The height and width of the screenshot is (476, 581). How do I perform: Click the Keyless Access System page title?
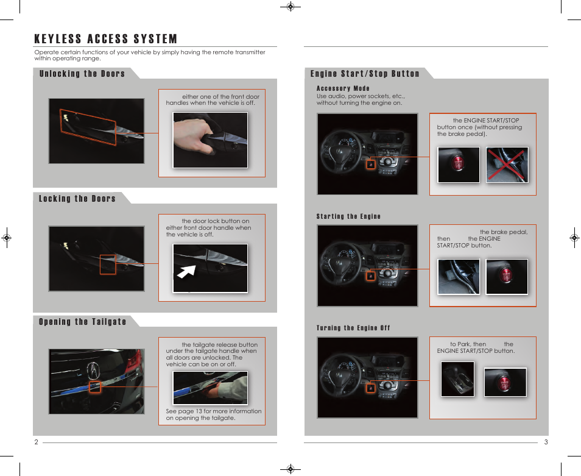coord(106,40)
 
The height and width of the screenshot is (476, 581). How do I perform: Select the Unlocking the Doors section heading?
coord(82,74)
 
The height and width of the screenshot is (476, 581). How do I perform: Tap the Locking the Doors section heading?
coord(77,199)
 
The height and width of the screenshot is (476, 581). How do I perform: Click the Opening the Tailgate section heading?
coord(83,322)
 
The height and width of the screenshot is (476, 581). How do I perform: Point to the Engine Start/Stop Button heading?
coord(365,74)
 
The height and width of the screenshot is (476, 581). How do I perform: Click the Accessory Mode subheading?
coord(343,88)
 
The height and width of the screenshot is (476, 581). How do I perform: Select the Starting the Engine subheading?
coord(348,216)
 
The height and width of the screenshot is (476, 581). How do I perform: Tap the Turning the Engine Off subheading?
coord(353,328)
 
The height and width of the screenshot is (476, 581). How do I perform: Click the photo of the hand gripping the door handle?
coord(210,140)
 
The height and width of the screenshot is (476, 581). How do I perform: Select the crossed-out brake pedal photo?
coord(507,165)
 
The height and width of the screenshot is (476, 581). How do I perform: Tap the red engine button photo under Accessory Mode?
coord(459,165)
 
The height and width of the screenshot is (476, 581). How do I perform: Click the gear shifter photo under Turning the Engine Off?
coord(457,380)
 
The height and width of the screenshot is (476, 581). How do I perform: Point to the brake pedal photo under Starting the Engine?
coord(459,277)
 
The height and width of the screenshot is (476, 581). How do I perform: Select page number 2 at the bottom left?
coord(36,442)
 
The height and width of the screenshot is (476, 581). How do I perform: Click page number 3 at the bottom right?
coord(546,442)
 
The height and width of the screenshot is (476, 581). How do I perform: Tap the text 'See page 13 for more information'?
coord(214,411)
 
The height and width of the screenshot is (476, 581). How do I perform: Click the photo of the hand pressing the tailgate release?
coord(210,388)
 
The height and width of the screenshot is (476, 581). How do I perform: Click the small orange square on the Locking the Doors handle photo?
coord(108,265)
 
